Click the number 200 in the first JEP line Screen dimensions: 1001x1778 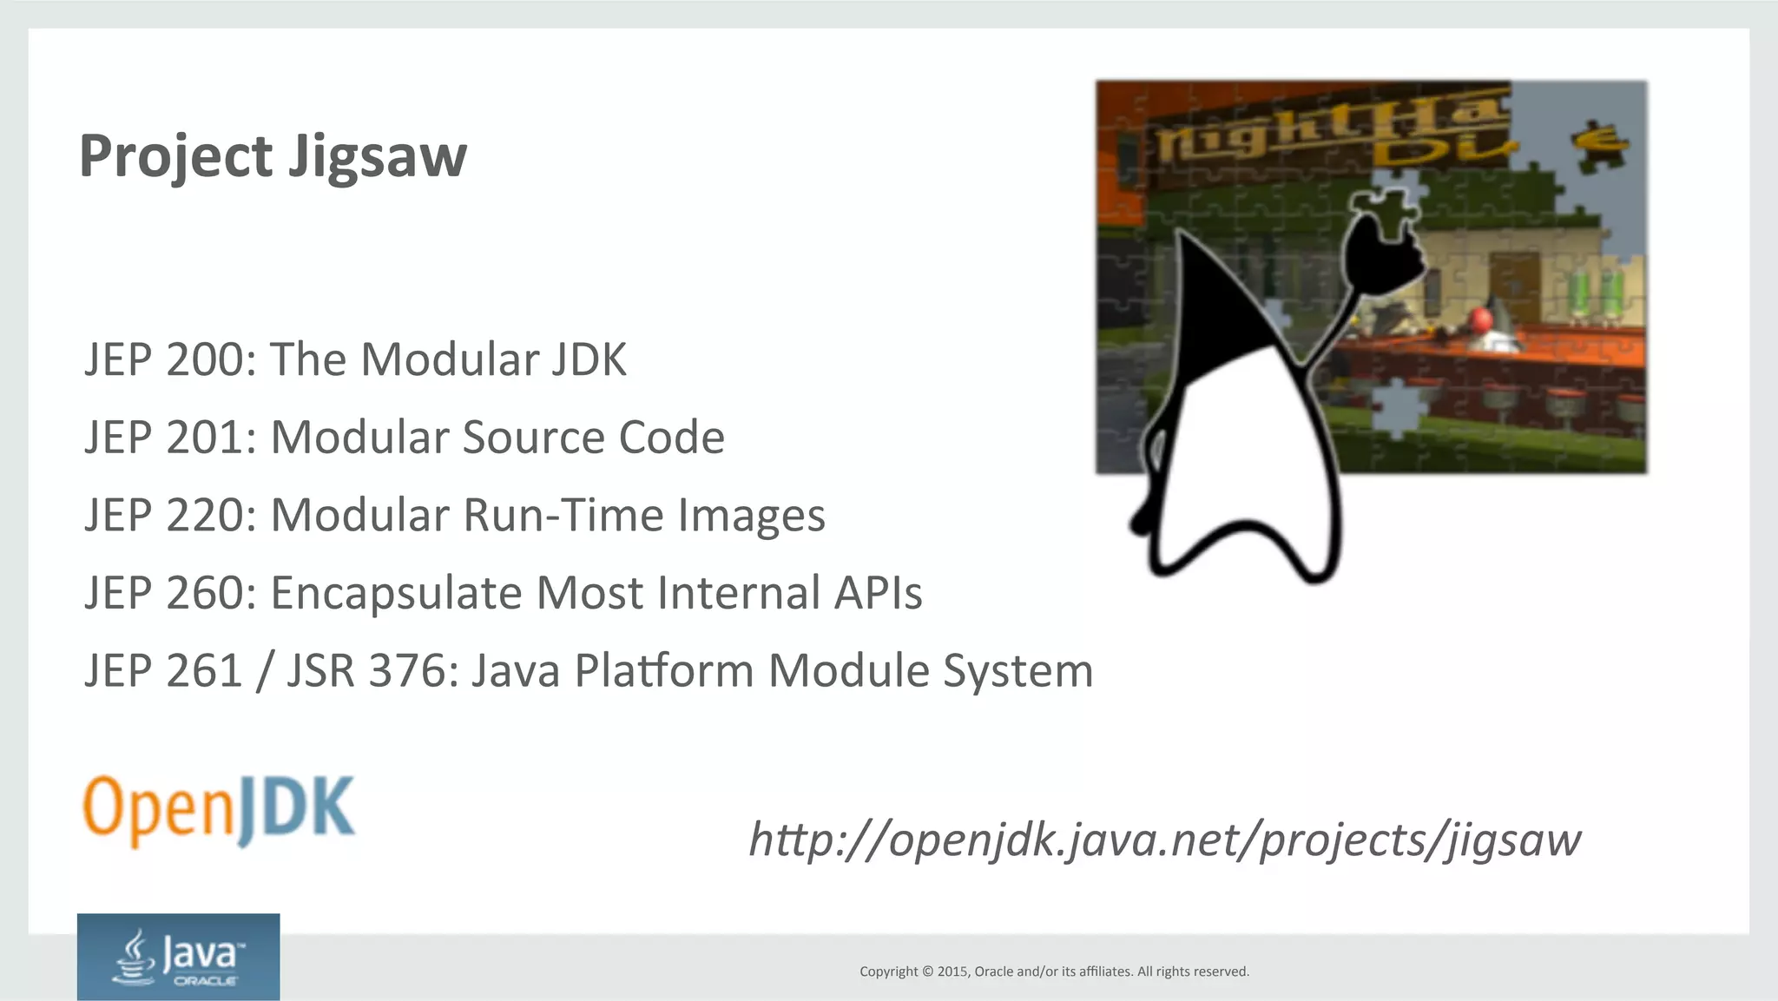[x=205, y=359]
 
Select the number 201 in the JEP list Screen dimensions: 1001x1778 [x=205, y=437]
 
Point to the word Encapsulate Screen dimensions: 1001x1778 [x=396, y=593]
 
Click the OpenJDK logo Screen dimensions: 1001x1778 [x=219, y=810]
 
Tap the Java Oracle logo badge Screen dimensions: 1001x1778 [x=178, y=957]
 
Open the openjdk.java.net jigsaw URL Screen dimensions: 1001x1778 [x=1164, y=840]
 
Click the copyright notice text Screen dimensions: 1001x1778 [x=1054, y=971]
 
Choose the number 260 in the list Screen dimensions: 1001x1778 [x=205, y=593]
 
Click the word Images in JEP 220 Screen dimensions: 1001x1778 [x=751, y=515]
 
